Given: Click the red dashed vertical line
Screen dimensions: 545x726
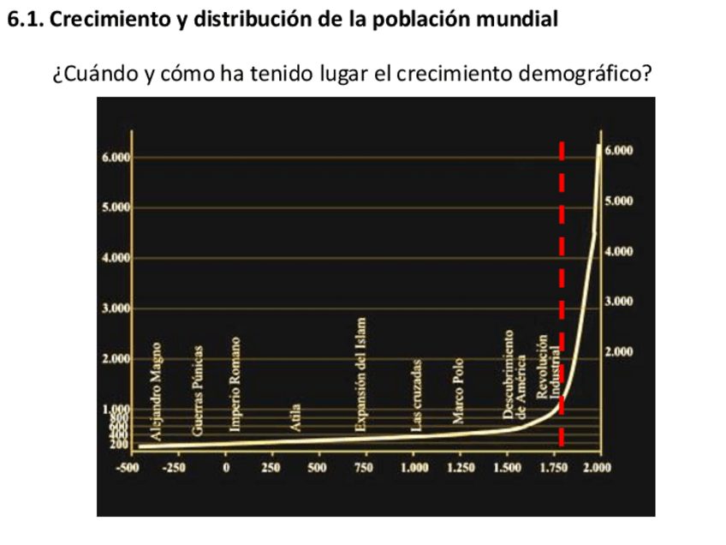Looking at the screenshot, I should pos(562,257).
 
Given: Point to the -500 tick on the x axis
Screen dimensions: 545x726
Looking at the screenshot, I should pos(128,467).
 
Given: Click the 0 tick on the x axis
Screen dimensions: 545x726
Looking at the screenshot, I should pos(226,467).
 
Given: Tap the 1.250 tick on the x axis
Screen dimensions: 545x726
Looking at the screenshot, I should pos(459,467).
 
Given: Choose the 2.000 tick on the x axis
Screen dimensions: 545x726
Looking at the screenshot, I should pos(597,467).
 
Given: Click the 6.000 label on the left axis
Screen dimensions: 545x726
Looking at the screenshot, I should pos(115,158).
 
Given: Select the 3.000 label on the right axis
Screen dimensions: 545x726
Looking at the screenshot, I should pos(618,302).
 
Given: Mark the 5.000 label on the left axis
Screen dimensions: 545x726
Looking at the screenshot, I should pos(115,208).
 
